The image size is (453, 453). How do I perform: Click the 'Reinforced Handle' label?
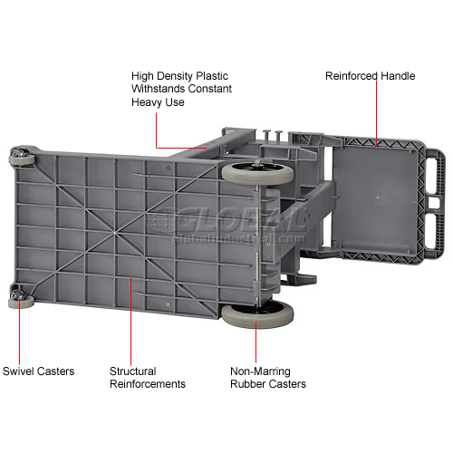click(x=370, y=76)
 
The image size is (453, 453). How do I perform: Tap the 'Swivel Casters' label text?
click(x=38, y=371)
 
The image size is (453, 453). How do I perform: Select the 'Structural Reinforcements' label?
click(x=148, y=378)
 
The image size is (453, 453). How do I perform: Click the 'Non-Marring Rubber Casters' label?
click(x=268, y=378)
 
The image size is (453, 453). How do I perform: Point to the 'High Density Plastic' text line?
click(x=179, y=76)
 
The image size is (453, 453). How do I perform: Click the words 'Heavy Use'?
click(x=158, y=102)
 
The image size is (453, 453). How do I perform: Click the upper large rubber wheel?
click(x=257, y=173)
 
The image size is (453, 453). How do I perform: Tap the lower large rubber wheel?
click(x=257, y=315)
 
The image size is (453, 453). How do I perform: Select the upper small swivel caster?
click(x=21, y=157)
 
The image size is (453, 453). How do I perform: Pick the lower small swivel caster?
click(x=21, y=300)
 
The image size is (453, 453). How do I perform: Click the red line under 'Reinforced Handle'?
click(x=377, y=113)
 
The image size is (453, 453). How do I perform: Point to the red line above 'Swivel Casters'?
click(x=19, y=332)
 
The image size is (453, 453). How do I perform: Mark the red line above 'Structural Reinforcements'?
click(x=130, y=322)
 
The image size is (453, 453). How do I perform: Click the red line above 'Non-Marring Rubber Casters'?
click(x=255, y=342)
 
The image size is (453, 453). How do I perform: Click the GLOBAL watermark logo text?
click(x=228, y=219)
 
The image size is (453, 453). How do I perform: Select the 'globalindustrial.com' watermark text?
click(x=238, y=238)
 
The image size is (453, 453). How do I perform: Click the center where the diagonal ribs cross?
click(x=115, y=233)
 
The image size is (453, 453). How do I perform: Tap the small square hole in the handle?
click(x=434, y=203)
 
